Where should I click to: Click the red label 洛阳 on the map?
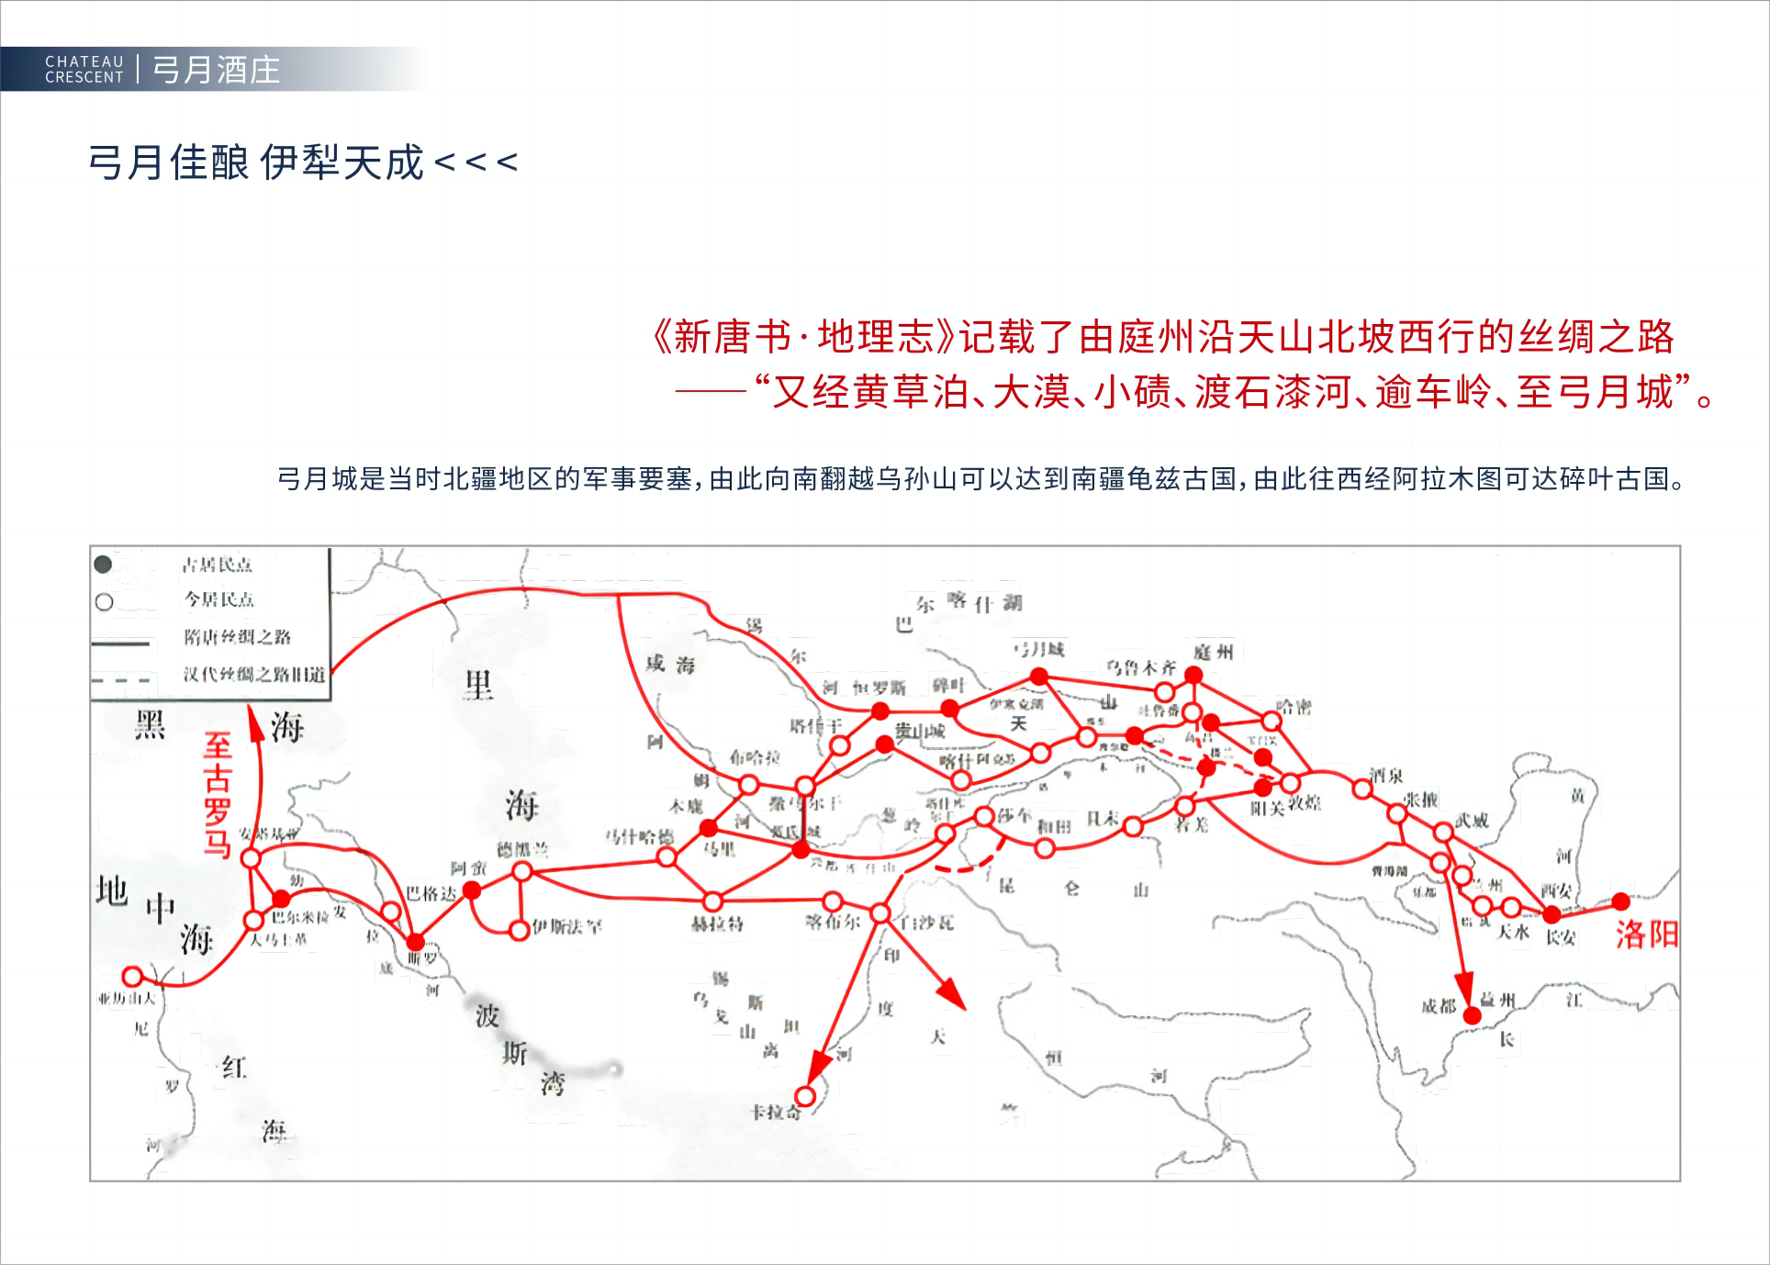[x=1647, y=935]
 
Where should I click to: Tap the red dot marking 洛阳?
[x=1621, y=901]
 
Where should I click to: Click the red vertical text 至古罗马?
[x=218, y=795]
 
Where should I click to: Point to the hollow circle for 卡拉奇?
[x=805, y=1096]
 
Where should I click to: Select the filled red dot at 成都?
[x=1473, y=1015]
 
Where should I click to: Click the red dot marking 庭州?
[x=1193, y=675]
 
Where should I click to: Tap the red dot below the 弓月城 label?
[x=1039, y=677]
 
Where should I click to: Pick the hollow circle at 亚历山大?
[x=132, y=976]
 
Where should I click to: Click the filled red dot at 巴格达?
[x=472, y=890]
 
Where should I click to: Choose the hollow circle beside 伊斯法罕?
[x=520, y=930]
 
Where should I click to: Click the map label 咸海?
[x=670, y=664]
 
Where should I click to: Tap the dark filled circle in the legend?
[x=104, y=565]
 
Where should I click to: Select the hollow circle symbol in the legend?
[x=105, y=602]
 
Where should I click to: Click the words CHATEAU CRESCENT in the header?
[x=84, y=70]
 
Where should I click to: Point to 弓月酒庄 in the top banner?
[x=216, y=70]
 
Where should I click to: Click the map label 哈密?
[x=1294, y=706]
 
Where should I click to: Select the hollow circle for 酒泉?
[x=1363, y=789]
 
